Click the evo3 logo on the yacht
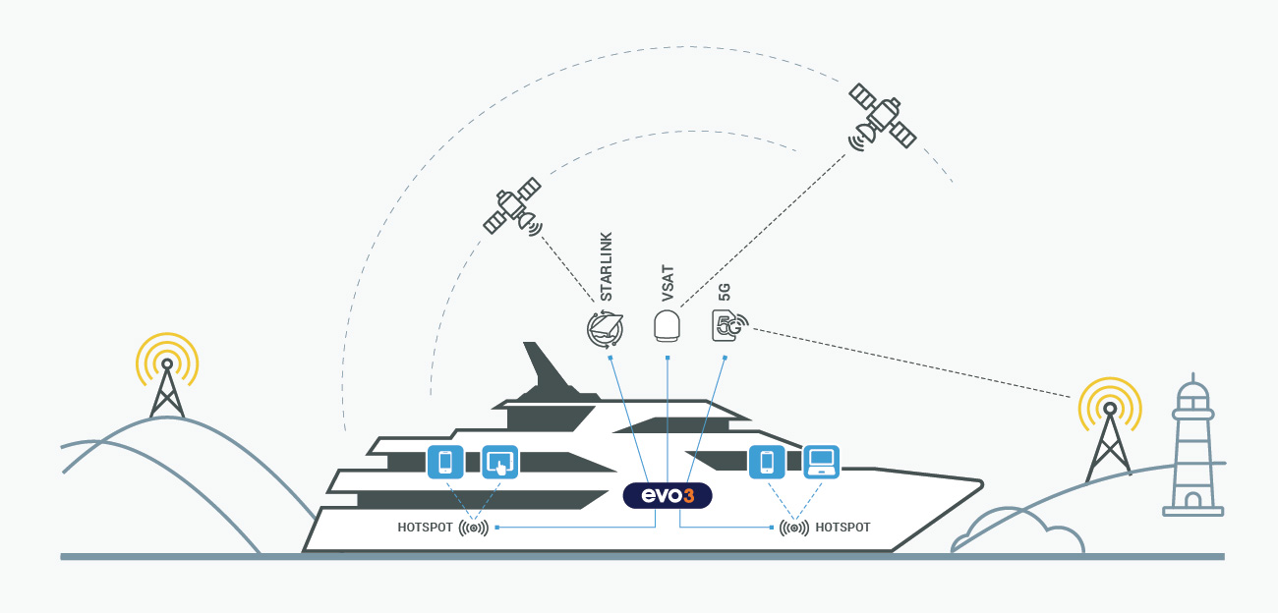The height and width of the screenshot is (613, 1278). (x=667, y=495)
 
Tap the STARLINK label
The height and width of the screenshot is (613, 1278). (x=606, y=266)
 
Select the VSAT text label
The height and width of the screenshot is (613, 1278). (x=668, y=283)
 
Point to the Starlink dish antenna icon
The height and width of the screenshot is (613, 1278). (x=605, y=329)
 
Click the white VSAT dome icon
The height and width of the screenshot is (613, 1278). (x=667, y=325)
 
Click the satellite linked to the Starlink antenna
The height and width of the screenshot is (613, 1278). (x=513, y=206)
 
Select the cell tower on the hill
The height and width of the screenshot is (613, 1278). (x=167, y=376)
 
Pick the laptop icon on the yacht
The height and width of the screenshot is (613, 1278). (x=822, y=462)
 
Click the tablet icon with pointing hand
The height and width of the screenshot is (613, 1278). (x=499, y=462)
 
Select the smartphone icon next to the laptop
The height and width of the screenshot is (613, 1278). (x=767, y=462)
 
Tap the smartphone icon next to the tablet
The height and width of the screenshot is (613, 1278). (x=445, y=462)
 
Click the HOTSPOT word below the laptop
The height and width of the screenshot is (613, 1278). (x=842, y=528)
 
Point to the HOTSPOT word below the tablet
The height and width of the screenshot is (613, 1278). (x=425, y=528)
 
